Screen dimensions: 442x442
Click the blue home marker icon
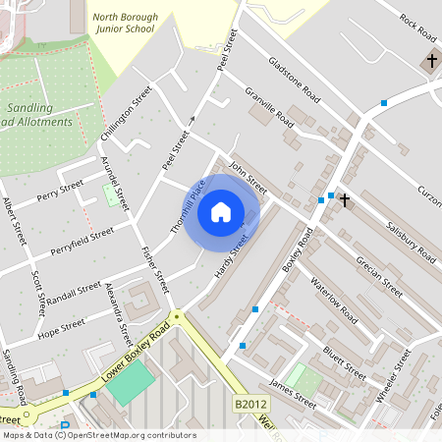click(x=221, y=211)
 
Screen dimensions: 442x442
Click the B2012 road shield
click(x=249, y=404)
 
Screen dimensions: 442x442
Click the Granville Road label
click(x=270, y=108)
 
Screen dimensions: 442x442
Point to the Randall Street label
click(x=74, y=292)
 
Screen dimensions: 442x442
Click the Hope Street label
click(x=60, y=325)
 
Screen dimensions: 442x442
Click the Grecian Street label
click(x=379, y=277)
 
